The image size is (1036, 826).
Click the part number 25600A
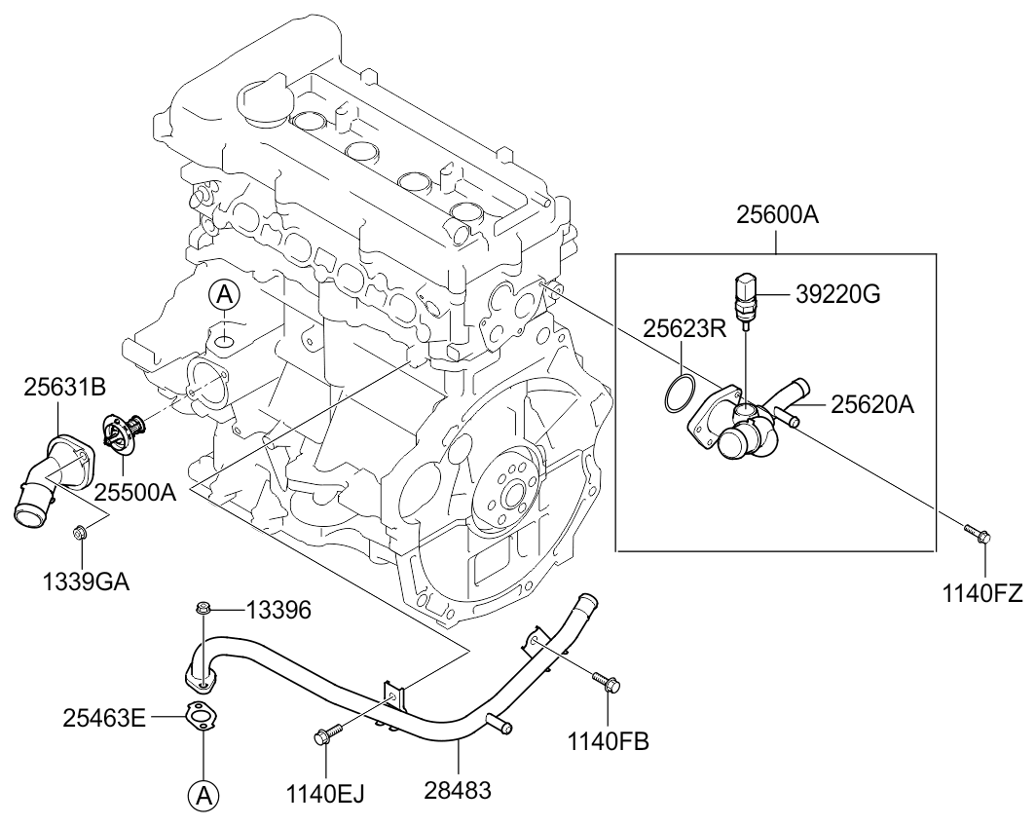[777, 215]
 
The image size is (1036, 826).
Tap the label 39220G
[837, 294]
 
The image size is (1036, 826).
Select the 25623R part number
[684, 328]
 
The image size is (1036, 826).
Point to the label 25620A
[872, 404]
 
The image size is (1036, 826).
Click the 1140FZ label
[982, 593]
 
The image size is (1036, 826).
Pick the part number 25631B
[64, 388]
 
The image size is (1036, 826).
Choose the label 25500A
[134, 492]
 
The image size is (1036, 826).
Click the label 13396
[278, 611]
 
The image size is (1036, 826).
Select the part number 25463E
[104, 718]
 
